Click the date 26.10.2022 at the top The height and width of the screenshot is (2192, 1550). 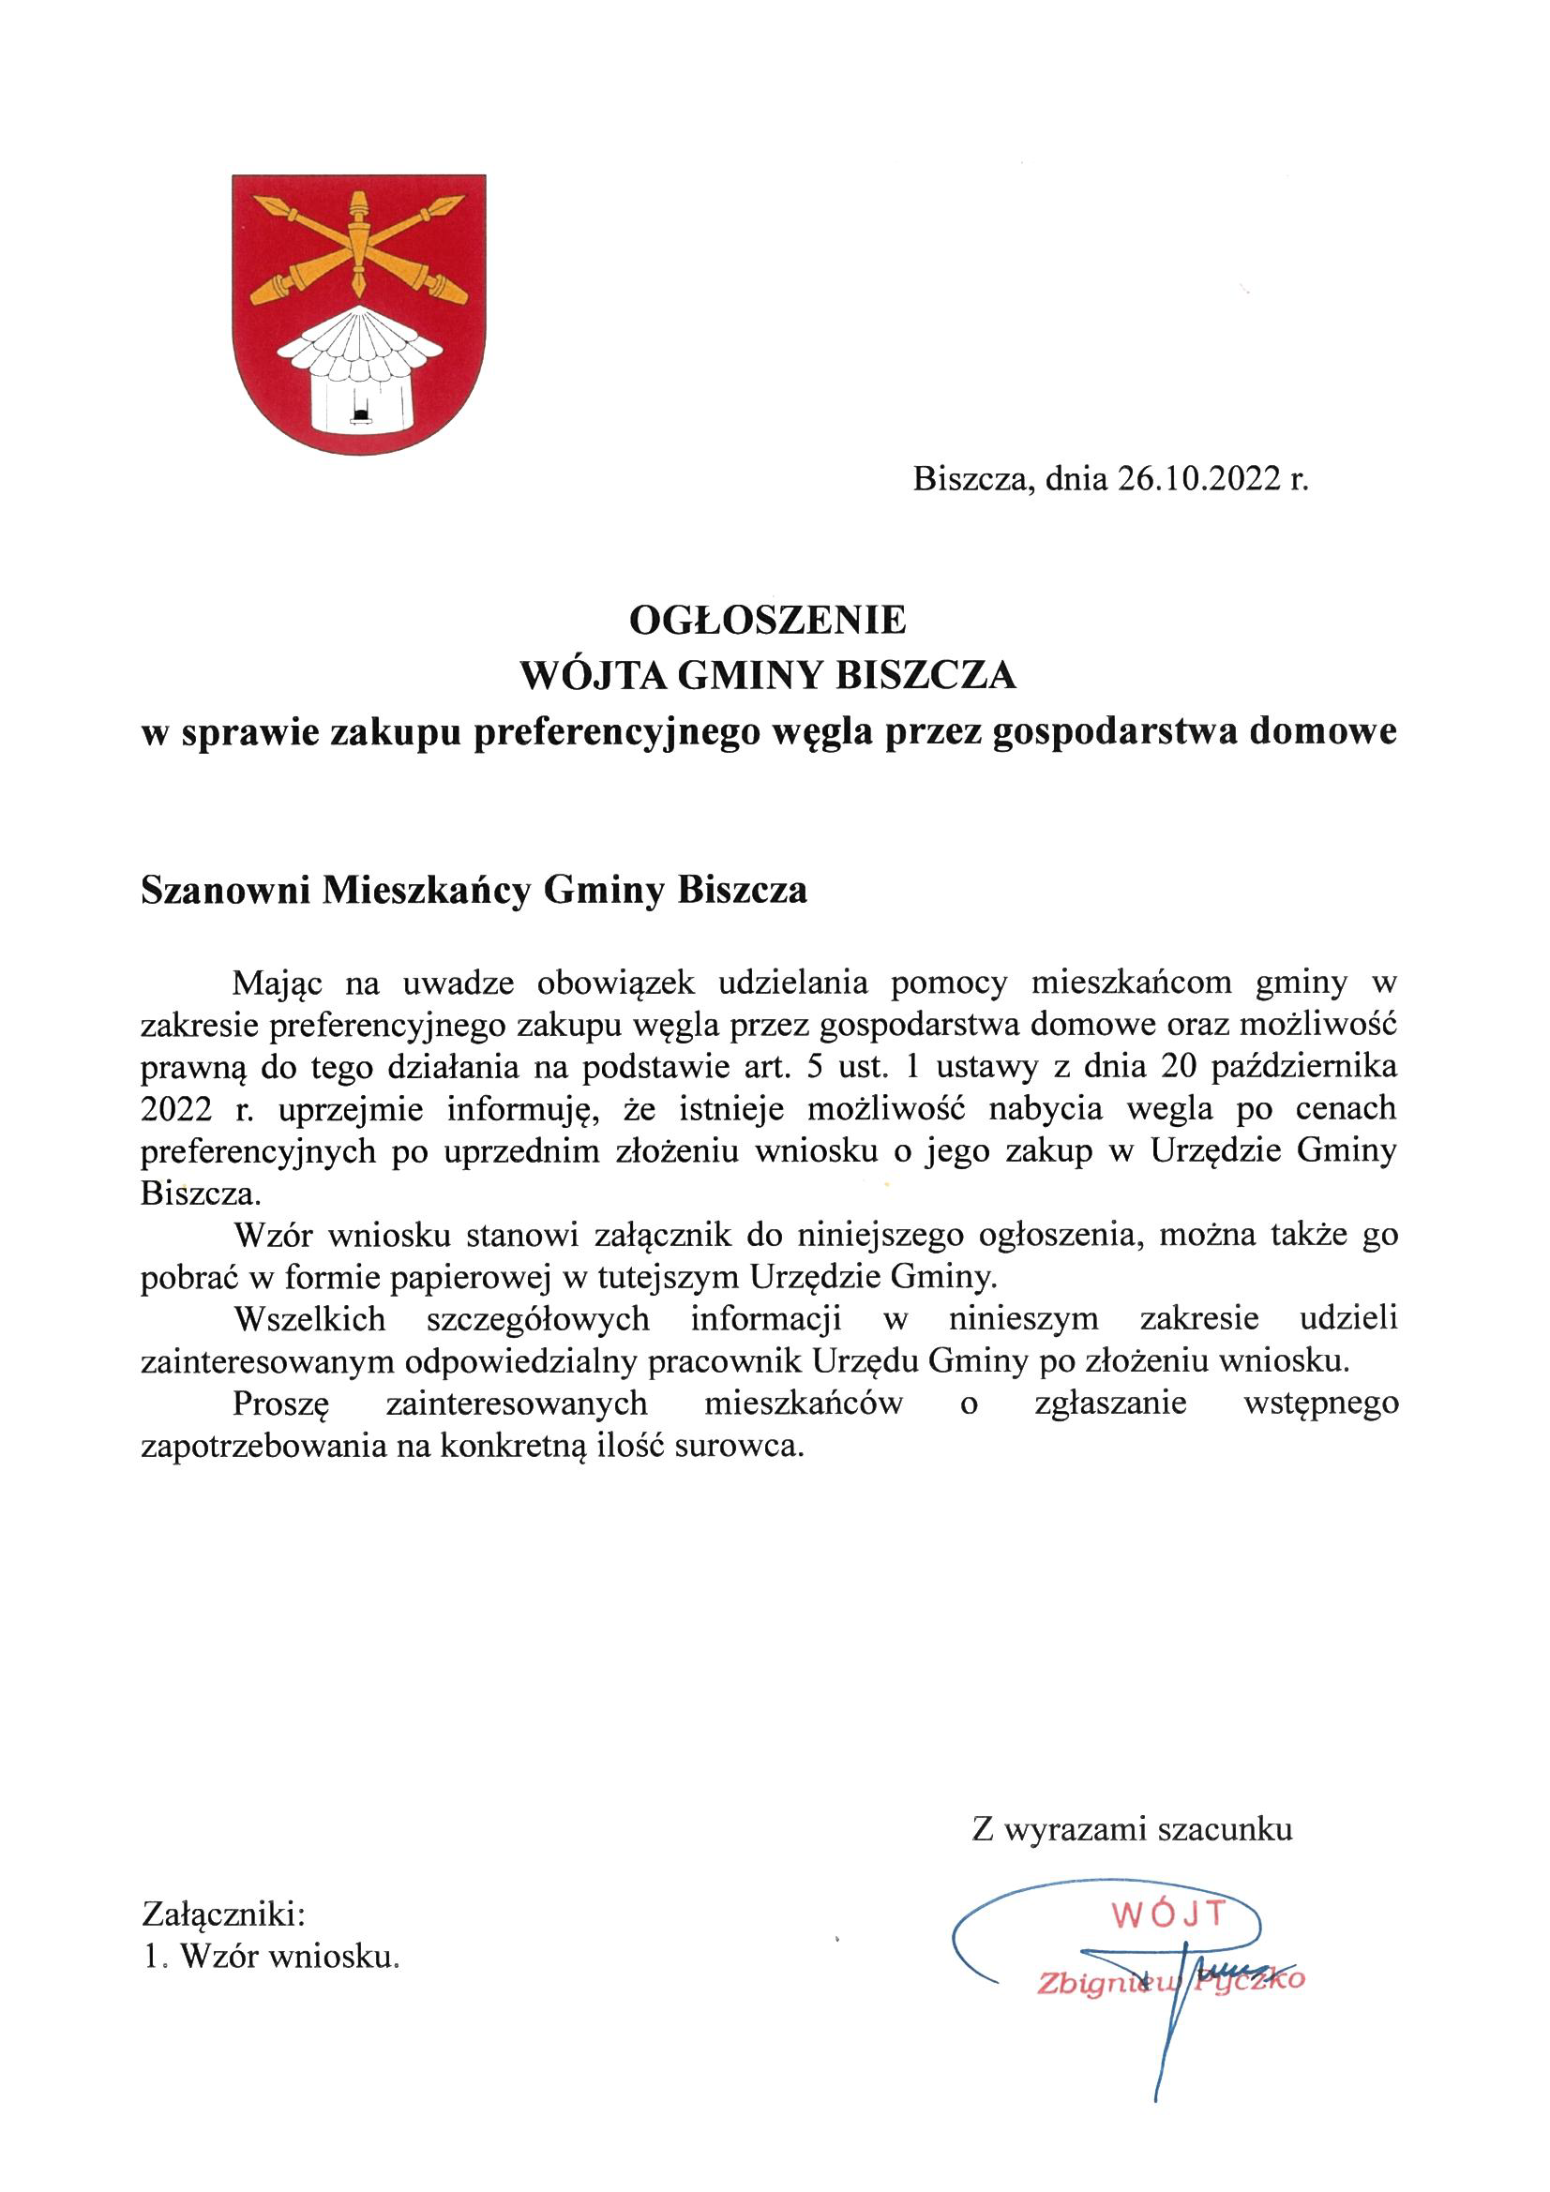point(1196,478)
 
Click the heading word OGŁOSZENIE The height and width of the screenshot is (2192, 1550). point(767,622)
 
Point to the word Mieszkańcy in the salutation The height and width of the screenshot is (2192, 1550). point(426,890)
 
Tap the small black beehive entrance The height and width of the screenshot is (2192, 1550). point(361,413)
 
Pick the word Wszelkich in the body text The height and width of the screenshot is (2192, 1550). point(309,1318)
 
